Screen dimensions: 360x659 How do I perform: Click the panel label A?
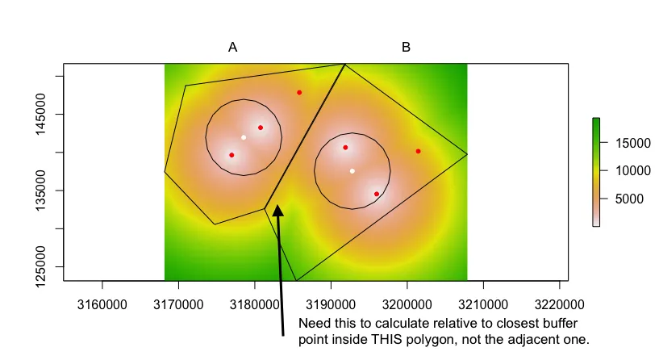232,48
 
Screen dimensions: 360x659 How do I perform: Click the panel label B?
406,48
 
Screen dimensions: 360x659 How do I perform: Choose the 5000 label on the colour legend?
630,199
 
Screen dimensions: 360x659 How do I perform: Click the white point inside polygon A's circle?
244,137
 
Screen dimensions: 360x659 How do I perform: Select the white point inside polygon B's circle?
352,171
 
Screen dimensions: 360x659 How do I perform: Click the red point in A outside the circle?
299,93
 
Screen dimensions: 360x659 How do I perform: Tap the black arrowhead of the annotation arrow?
277,211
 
